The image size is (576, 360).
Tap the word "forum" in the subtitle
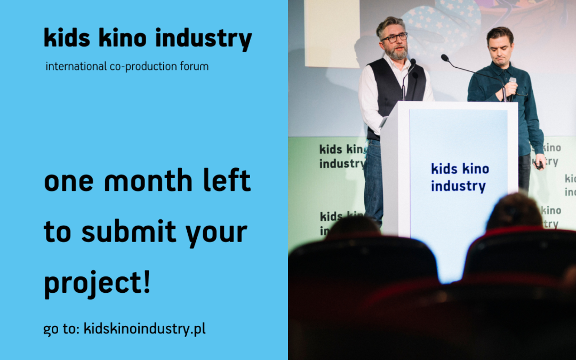(195, 67)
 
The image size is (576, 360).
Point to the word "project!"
(97, 283)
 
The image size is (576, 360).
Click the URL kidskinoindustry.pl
(145, 329)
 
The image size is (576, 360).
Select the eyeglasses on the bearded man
(395, 37)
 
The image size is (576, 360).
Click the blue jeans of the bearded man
(373, 176)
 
